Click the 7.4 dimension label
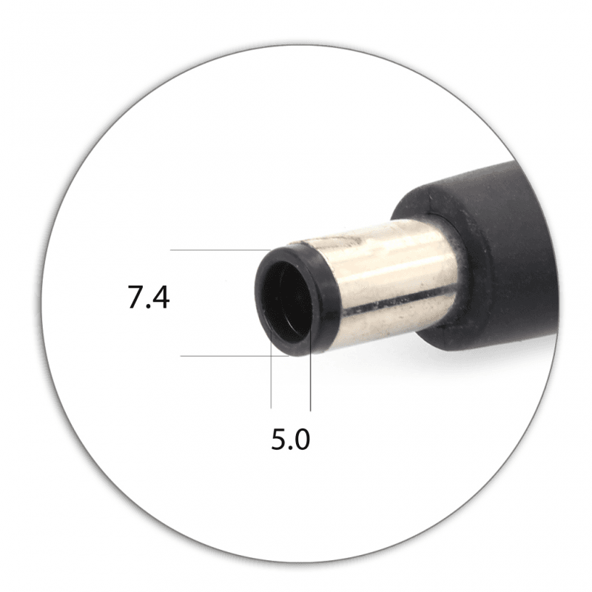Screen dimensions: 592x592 click(x=149, y=297)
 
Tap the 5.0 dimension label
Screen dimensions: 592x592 click(x=290, y=440)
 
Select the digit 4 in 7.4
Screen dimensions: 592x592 click(x=161, y=297)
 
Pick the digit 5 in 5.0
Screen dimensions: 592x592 click(x=279, y=440)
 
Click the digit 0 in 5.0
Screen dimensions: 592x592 click(x=301, y=440)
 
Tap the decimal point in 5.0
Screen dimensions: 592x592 click(x=291, y=448)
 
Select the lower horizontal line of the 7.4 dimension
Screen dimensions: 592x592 click(x=222, y=356)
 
